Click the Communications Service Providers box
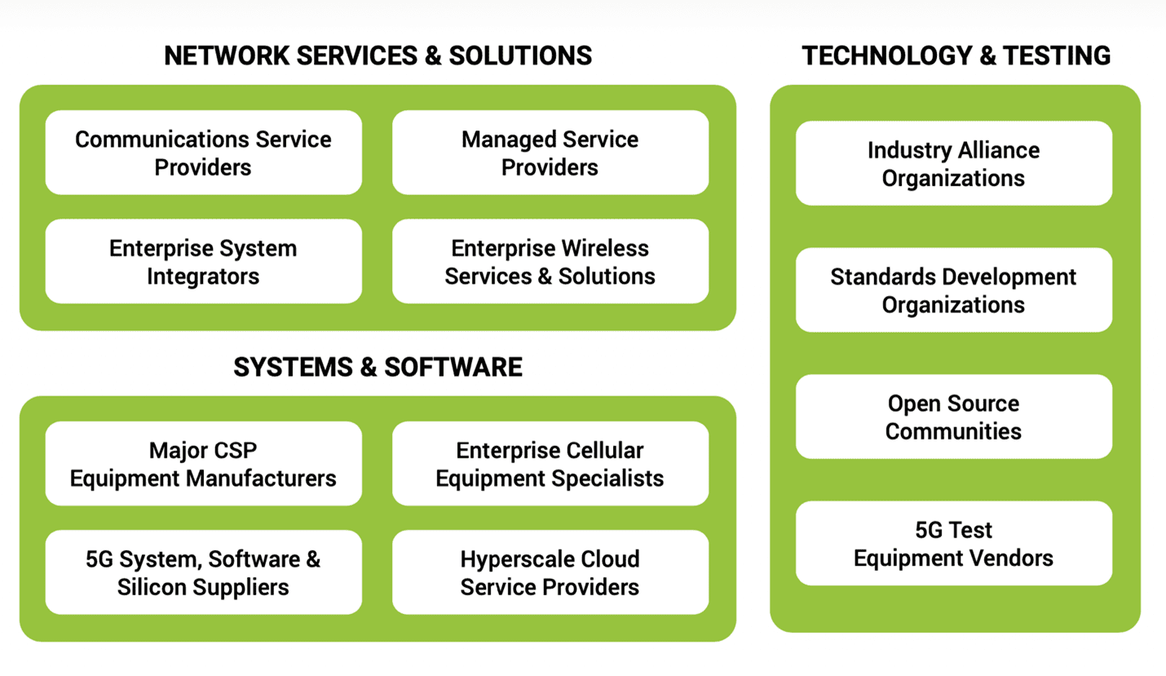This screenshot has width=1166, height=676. (x=204, y=152)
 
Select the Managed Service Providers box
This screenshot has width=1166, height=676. (x=550, y=152)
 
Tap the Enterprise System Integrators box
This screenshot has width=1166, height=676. (x=204, y=261)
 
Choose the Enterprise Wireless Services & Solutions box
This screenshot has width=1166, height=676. (x=550, y=261)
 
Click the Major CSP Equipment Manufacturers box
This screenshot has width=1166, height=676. (x=204, y=463)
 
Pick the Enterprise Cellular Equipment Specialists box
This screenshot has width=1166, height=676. (x=550, y=463)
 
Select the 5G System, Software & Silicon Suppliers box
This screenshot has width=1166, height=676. (x=204, y=572)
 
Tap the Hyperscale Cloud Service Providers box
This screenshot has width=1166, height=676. (x=550, y=572)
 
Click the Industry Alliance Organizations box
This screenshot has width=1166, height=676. (x=954, y=163)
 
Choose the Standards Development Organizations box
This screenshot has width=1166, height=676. (x=954, y=289)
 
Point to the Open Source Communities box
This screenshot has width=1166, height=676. (x=954, y=417)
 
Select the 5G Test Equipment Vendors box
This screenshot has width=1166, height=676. (x=954, y=543)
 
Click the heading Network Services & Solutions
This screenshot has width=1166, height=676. (x=378, y=55)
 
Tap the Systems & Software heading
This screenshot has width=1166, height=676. (x=378, y=367)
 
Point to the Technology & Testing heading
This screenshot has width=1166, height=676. (x=956, y=55)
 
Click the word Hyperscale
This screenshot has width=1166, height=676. (x=516, y=560)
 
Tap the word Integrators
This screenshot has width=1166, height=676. (x=203, y=276)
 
